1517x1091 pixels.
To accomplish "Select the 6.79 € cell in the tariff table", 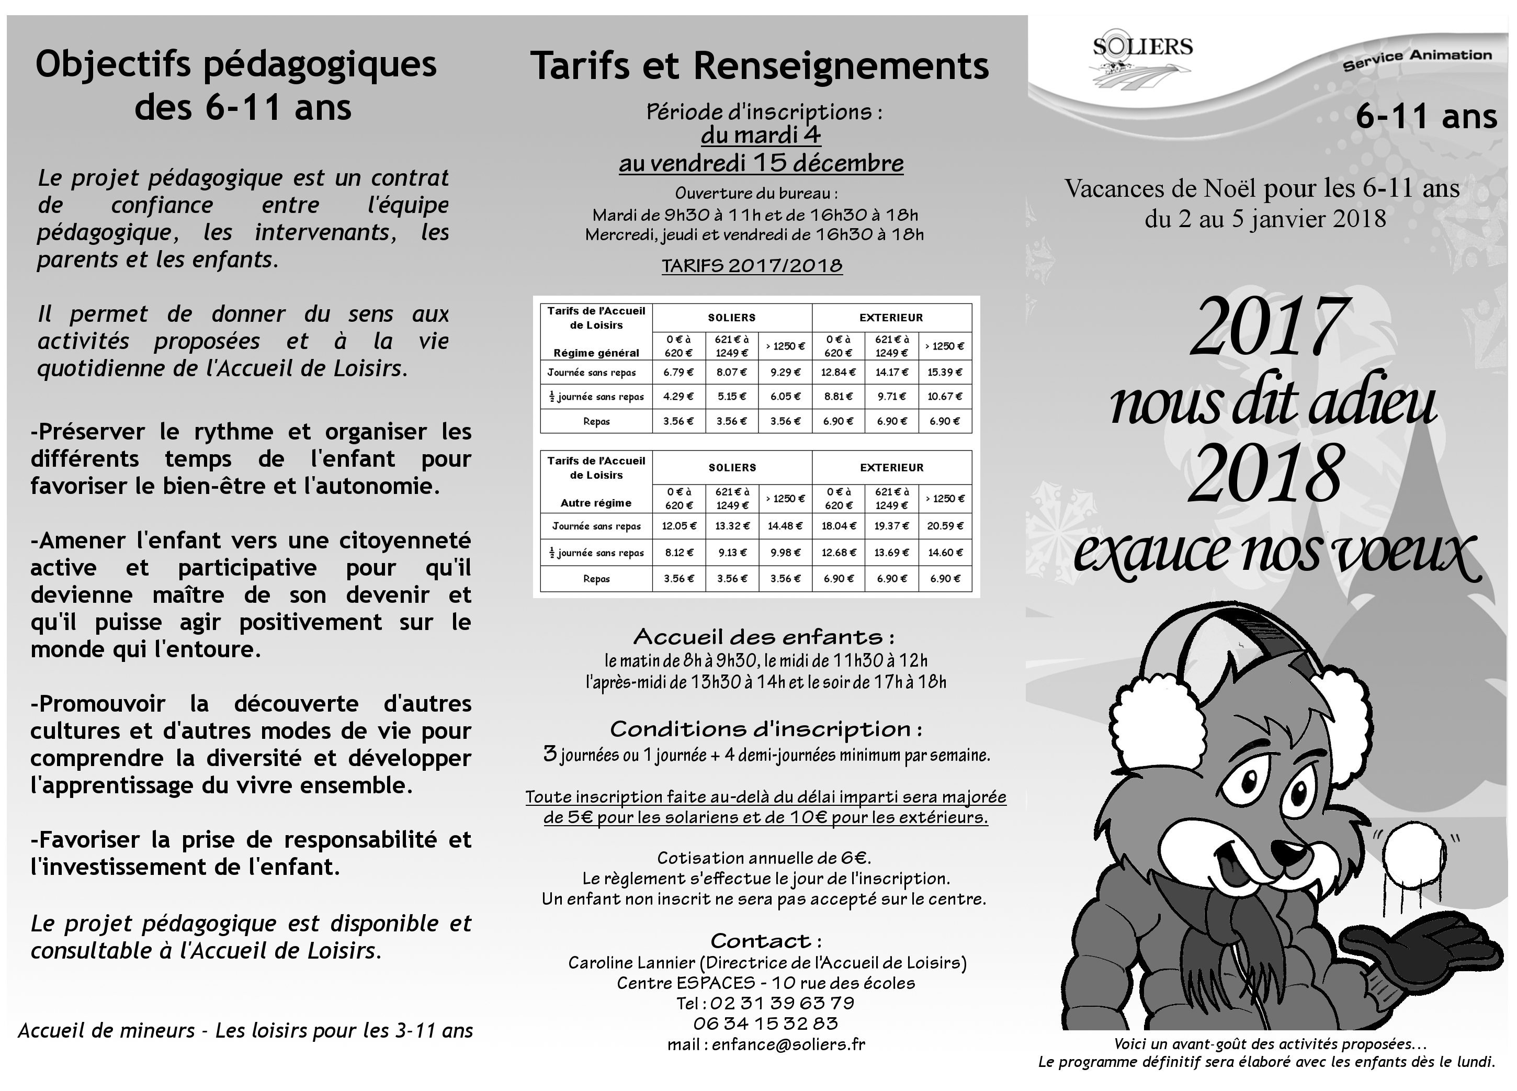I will (x=678, y=373).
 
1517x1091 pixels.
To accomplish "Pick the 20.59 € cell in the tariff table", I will (x=945, y=526).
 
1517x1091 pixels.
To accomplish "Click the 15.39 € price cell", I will (x=945, y=373).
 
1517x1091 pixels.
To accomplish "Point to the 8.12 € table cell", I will (x=678, y=553).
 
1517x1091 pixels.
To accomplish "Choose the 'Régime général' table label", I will (x=596, y=353).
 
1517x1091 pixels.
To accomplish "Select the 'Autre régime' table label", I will (x=596, y=503).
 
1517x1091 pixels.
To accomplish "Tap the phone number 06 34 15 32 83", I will (x=765, y=1023).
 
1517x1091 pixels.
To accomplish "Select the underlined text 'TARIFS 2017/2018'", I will (x=752, y=266).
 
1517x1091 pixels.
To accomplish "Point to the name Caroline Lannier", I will (x=631, y=963).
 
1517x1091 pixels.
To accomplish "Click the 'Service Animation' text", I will (x=1417, y=59).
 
